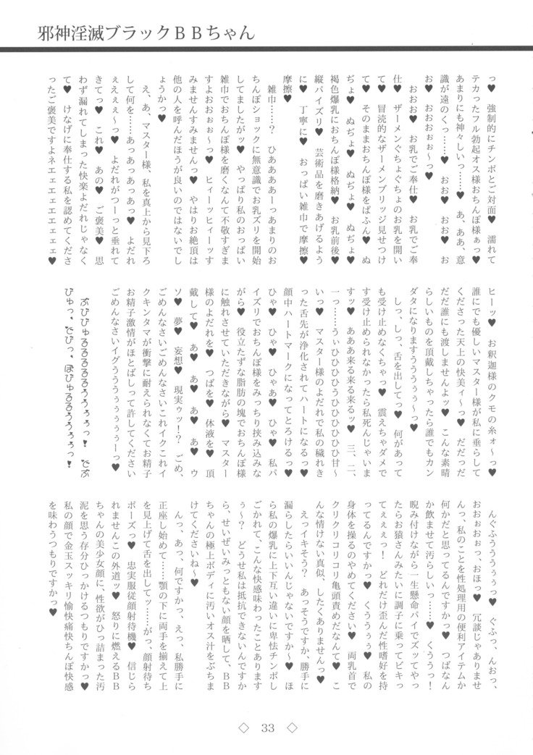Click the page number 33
pyautogui.click(x=266, y=726)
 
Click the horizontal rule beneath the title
pyautogui.click(x=266, y=50)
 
